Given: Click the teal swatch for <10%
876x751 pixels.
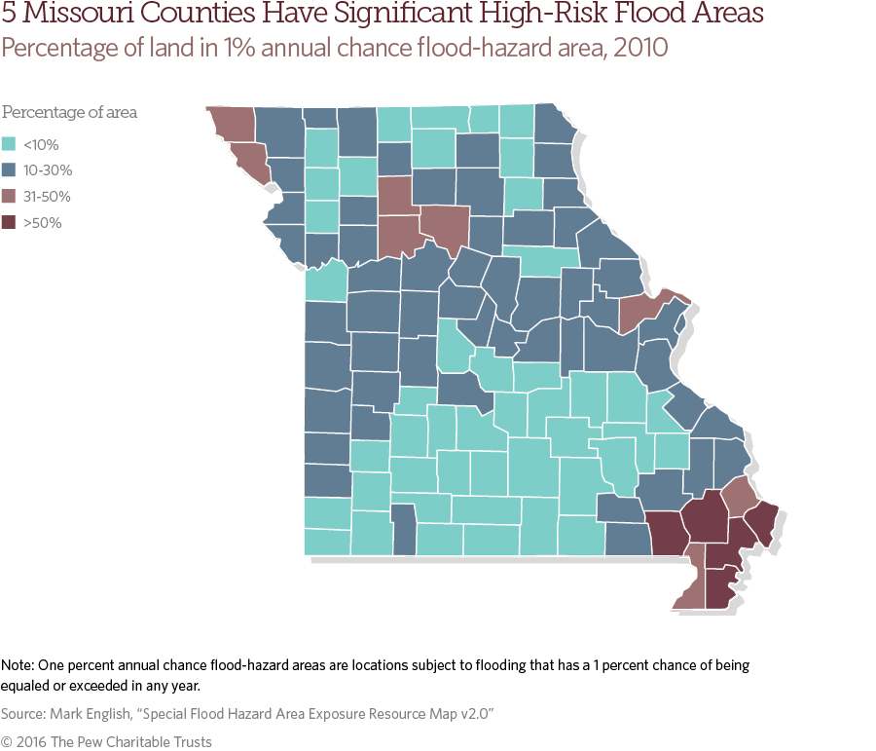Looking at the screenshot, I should click(9, 145).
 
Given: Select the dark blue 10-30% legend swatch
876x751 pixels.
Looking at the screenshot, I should click(9, 170).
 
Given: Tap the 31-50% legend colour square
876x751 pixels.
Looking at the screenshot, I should click(9, 197).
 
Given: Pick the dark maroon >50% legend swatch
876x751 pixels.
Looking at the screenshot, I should click(9, 223).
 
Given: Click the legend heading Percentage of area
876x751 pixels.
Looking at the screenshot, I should click(69, 112).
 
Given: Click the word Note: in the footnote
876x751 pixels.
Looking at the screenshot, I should click(18, 666).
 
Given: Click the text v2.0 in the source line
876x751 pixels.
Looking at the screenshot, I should click(477, 715).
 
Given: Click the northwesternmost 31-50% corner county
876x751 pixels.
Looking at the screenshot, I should click(232, 122).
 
